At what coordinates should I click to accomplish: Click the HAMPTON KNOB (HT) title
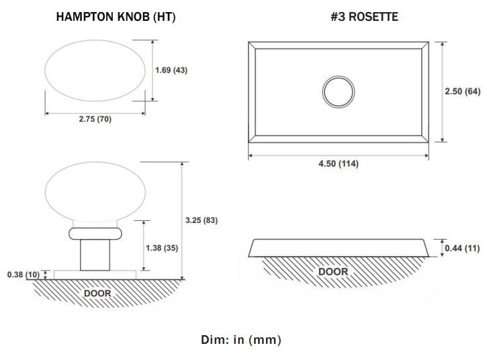[x=116, y=17]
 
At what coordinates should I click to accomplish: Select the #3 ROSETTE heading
[x=364, y=17]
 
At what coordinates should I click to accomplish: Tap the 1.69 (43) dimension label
[x=171, y=71]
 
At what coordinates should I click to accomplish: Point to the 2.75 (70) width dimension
[x=95, y=119]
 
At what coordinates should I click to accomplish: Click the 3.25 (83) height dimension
[x=202, y=220]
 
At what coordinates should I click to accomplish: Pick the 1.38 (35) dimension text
[x=162, y=248]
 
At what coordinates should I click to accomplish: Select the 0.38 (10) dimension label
[x=24, y=275]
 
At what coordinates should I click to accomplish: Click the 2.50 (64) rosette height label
[x=462, y=91]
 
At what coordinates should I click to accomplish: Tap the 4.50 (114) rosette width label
[x=339, y=163]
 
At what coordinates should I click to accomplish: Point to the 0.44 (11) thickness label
[x=462, y=248]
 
